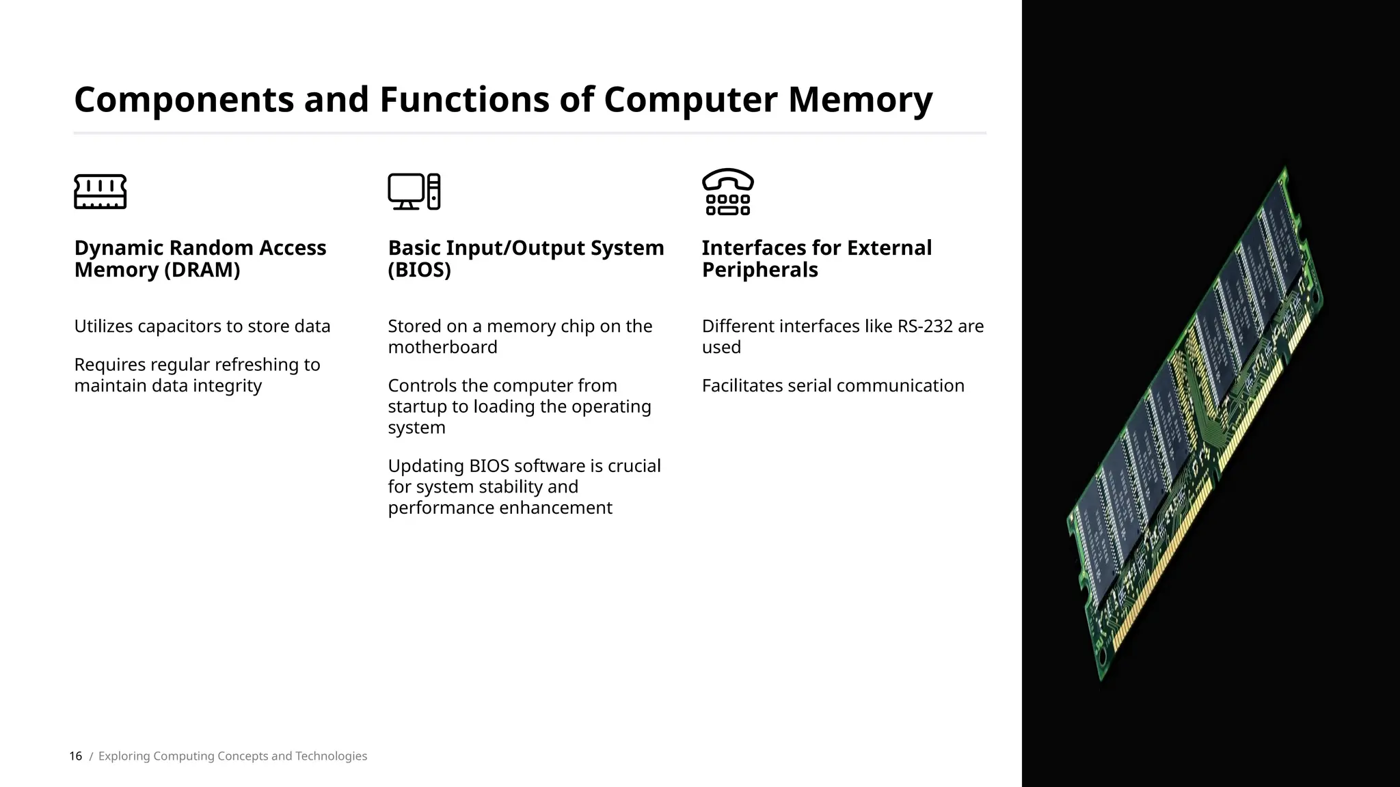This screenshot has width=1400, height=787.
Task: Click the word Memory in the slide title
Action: pos(860,100)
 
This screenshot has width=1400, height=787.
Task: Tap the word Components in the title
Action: pos(184,100)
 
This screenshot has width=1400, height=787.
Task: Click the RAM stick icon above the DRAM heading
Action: pos(100,191)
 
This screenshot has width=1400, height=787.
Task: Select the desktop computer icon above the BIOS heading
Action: pos(414,191)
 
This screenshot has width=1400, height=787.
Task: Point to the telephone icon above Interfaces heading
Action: pos(727,191)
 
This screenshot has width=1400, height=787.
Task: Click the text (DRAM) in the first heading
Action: pos(202,270)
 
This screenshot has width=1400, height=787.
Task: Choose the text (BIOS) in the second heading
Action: pos(419,270)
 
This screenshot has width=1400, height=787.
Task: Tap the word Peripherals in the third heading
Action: pos(759,270)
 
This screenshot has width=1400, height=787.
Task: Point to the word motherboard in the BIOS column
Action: pos(442,347)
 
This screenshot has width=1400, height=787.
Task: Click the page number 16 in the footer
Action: pos(75,756)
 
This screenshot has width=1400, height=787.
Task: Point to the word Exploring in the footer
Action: pos(124,756)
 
